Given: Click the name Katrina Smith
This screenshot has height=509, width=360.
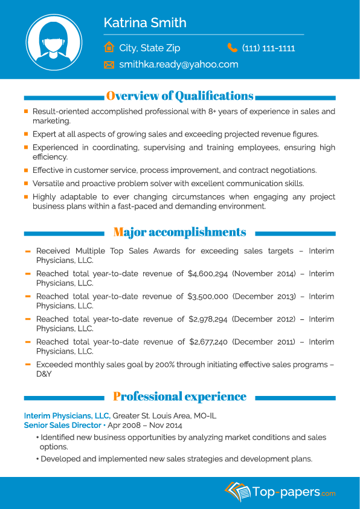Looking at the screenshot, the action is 145,23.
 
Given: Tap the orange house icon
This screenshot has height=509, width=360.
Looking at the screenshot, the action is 109,47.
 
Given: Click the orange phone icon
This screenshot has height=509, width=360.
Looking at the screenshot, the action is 233,47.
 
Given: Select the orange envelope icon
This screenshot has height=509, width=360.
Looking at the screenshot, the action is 109,65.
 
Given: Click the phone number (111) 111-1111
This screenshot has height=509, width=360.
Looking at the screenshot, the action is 268,48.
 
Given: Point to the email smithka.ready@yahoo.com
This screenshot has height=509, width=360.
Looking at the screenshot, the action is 179,64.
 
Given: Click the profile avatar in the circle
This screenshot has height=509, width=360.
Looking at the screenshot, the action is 54,42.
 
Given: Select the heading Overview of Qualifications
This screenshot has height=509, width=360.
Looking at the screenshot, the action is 179,96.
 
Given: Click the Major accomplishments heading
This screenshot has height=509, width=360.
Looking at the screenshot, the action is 179,232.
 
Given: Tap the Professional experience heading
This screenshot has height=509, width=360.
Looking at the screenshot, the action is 179,397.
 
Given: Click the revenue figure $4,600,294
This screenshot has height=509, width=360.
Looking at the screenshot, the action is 208,274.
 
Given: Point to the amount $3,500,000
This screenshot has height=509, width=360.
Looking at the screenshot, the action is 208,296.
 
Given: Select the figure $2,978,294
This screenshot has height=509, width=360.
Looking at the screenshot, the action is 208,319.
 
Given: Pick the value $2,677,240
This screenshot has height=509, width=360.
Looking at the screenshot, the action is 208,342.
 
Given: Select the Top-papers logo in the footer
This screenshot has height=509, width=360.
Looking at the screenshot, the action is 280,491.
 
